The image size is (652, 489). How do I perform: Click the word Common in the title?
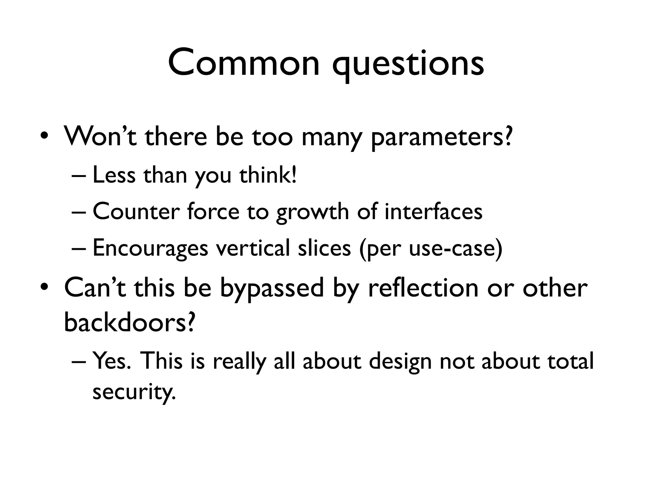click(x=244, y=63)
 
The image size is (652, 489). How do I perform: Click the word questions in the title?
click(x=408, y=65)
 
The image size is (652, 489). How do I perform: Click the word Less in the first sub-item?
click(x=114, y=175)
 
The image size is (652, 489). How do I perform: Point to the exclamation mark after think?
click(x=294, y=174)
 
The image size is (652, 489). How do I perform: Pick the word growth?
click(x=312, y=213)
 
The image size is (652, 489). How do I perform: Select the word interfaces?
click(x=433, y=211)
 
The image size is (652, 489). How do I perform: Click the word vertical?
click(x=253, y=248)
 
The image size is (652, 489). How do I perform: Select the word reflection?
click(x=423, y=287)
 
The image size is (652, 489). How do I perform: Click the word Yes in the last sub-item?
click(x=110, y=360)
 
